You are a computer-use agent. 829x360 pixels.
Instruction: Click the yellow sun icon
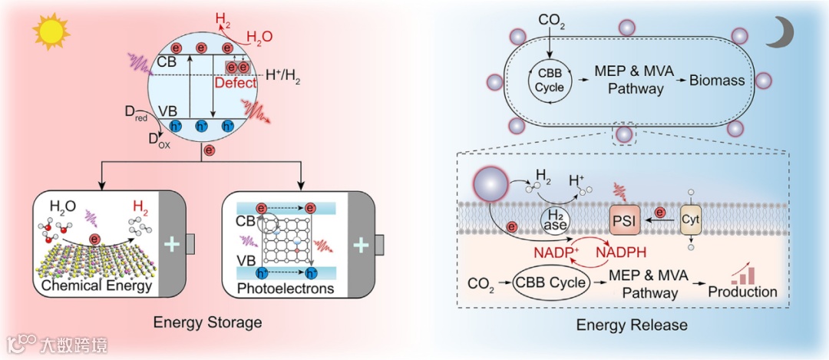point(51,31)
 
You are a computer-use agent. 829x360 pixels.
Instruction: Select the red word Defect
point(236,82)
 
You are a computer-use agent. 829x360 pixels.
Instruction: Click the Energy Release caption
point(632,325)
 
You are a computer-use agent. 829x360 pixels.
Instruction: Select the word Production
point(742,292)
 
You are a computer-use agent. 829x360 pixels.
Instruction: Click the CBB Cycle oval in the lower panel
point(550,284)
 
